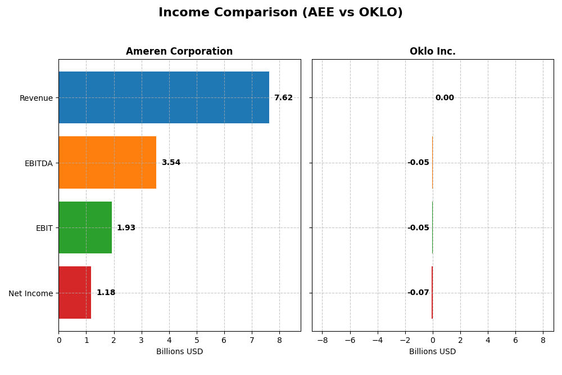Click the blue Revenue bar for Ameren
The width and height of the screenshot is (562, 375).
click(x=164, y=97)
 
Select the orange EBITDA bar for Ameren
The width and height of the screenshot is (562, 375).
click(x=107, y=163)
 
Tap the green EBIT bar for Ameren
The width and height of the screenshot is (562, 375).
click(x=85, y=227)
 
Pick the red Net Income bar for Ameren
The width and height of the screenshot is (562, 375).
click(x=75, y=293)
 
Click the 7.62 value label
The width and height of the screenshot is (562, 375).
click(x=283, y=98)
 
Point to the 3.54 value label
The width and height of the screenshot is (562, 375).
click(x=171, y=163)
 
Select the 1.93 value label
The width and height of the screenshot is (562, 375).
click(x=126, y=228)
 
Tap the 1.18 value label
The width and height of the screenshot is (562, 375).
click(x=106, y=293)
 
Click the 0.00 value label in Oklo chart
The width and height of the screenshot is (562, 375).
click(x=445, y=98)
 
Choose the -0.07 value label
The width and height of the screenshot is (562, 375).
click(x=418, y=293)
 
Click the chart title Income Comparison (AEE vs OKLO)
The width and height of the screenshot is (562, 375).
click(x=280, y=13)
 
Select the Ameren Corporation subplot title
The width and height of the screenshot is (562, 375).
click(x=179, y=52)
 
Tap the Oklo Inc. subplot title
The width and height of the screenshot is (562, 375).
click(x=432, y=52)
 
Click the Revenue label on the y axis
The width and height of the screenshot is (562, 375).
click(x=36, y=99)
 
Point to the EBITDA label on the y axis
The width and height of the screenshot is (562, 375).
click(x=38, y=163)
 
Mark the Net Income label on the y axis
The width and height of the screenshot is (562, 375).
click(x=30, y=293)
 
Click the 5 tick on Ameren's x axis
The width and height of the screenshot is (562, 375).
click(x=197, y=340)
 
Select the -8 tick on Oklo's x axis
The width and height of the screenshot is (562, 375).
click(x=322, y=340)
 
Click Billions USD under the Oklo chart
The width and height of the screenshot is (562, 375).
click(x=432, y=352)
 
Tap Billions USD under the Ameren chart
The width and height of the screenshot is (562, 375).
click(x=179, y=352)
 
